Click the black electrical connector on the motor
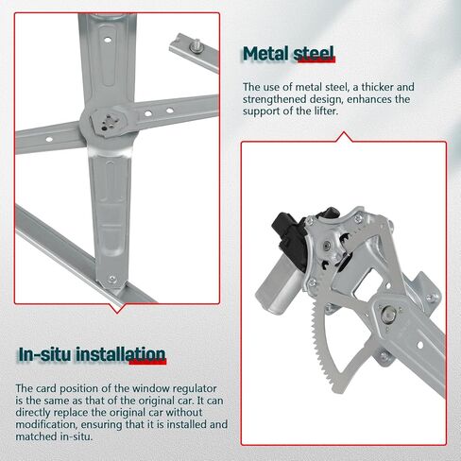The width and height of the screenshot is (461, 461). coord(289,227)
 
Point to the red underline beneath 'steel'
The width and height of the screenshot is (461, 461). coord(315,65)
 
